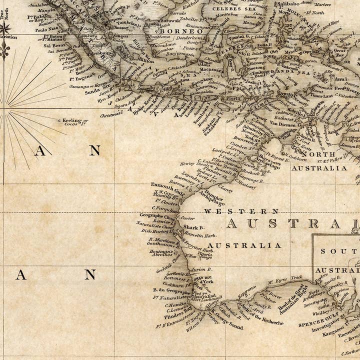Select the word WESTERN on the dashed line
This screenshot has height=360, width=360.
pos(241,211)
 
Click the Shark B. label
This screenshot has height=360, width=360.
pos(193,227)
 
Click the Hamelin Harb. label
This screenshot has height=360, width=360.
pos(200,235)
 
